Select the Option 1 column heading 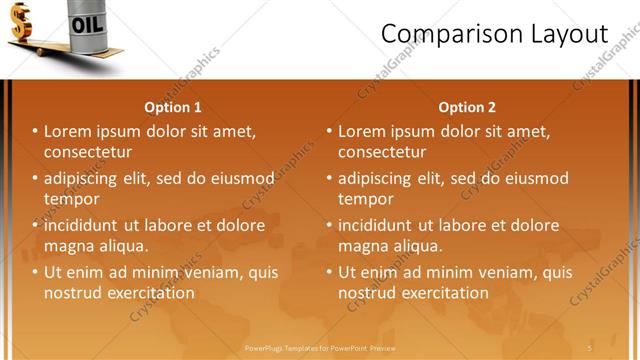173,107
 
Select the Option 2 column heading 467,107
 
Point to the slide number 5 590,347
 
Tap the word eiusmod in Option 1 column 244,178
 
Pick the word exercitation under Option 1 148,293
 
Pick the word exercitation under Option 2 442,293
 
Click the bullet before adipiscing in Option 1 35,179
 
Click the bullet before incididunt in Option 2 329,226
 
